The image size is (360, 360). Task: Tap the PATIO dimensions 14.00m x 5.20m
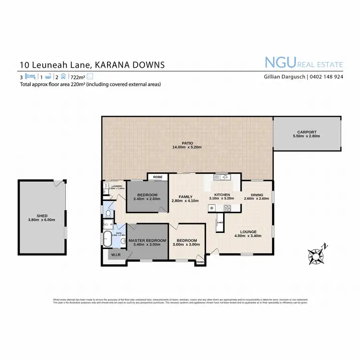188,147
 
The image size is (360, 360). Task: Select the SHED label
42,215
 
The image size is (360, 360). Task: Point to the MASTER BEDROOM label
147,240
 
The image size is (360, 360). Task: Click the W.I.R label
116,254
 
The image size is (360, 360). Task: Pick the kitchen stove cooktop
227,208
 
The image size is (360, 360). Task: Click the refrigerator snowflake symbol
211,208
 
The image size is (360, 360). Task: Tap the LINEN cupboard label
220,223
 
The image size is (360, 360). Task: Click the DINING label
259,194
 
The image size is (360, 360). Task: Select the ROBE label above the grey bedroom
158,177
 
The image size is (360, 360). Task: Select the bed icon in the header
30,76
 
